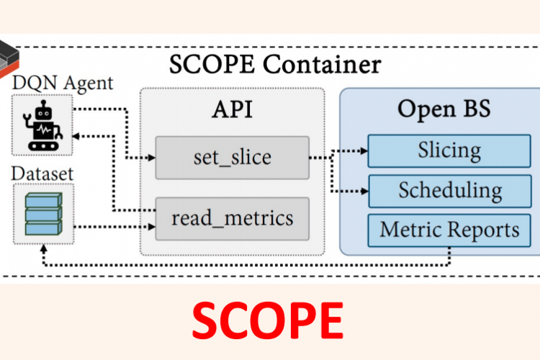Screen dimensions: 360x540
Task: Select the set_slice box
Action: [232, 158]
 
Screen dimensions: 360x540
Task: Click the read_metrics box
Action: [232, 218]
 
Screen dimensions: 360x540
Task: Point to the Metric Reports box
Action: [449, 230]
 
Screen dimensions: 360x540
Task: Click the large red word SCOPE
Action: [268, 320]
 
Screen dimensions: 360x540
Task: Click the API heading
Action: [232, 110]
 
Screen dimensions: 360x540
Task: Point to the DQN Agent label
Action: [63, 83]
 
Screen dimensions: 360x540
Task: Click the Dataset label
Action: [44, 174]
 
